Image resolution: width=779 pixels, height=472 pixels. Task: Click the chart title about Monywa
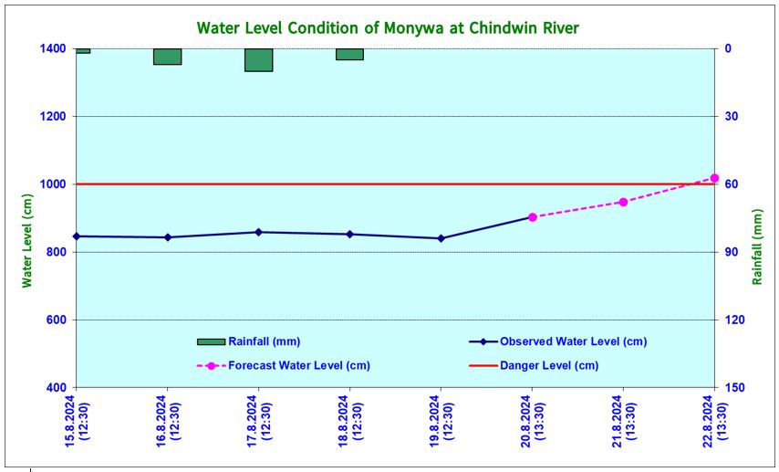click(x=388, y=28)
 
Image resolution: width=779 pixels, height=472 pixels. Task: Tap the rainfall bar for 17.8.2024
click(x=258, y=59)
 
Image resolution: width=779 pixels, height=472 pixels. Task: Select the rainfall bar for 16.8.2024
click(x=167, y=57)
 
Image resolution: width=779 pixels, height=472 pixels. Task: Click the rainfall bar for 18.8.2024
click(x=349, y=54)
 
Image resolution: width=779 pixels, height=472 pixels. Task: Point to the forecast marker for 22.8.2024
click(x=714, y=178)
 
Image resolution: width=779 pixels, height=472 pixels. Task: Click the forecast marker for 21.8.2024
click(x=623, y=202)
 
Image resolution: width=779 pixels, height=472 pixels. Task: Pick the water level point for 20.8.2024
click(x=532, y=217)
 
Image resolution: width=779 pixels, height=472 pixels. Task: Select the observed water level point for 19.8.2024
click(x=441, y=238)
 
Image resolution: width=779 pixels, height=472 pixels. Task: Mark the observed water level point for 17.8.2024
click(x=258, y=232)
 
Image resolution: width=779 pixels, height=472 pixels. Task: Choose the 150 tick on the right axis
click(x=734, y=388)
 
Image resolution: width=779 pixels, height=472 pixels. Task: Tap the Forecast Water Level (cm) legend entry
click(x=298, y=365)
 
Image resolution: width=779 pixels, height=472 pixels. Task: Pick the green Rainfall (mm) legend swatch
click(x=211, y=341)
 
